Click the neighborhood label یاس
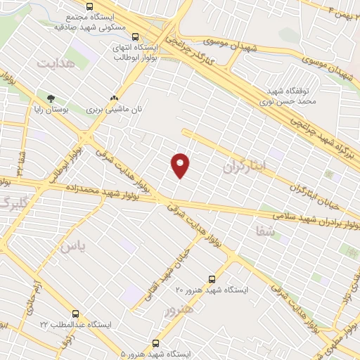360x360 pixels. tap(72, 245)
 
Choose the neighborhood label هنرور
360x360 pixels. tap(176, 309)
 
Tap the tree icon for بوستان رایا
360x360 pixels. tap(50, 98)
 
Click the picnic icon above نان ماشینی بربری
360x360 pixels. tap(114, 98)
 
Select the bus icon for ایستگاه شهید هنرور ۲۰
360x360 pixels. tap(213, 278)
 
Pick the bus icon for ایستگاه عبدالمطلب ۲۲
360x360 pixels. tap(75, 314)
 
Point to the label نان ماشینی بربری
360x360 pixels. tap(114, 110)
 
